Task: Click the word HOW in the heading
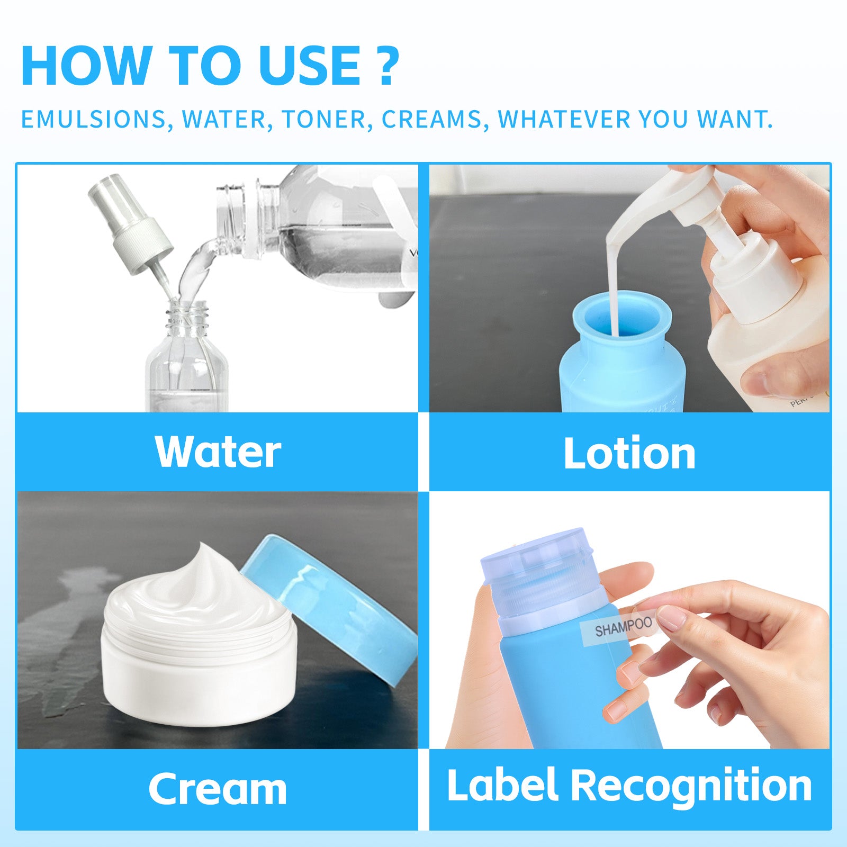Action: click(x=85, y=66)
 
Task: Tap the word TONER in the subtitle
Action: click(x=323, y=120)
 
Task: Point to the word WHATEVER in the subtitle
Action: click(x=564, y=120)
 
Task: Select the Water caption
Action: click(x=218, y=452)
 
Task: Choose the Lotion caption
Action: click(x=629, y=453)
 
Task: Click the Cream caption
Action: click(x=218, y=789)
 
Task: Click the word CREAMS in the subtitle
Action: click(x=431, y=120)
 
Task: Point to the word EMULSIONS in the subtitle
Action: click(x=93, y=120)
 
